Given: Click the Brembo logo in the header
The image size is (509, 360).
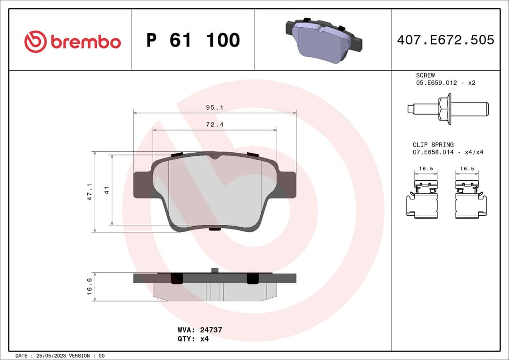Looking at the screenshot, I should point(72,41).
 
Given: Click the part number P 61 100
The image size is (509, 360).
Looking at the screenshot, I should point(193,41).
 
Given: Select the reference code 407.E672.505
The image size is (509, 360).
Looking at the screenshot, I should point(445,40).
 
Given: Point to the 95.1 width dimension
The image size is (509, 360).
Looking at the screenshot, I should point(214,107).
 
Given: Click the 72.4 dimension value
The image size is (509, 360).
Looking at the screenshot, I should point(214,124).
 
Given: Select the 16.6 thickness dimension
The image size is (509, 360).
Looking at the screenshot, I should point(90,286).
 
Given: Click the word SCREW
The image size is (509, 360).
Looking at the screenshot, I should point(425,75).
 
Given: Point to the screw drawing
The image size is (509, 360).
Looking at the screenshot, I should point(447,109).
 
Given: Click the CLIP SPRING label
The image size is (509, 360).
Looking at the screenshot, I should point(433,145).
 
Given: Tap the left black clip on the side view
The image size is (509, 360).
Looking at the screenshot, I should point(176,278).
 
